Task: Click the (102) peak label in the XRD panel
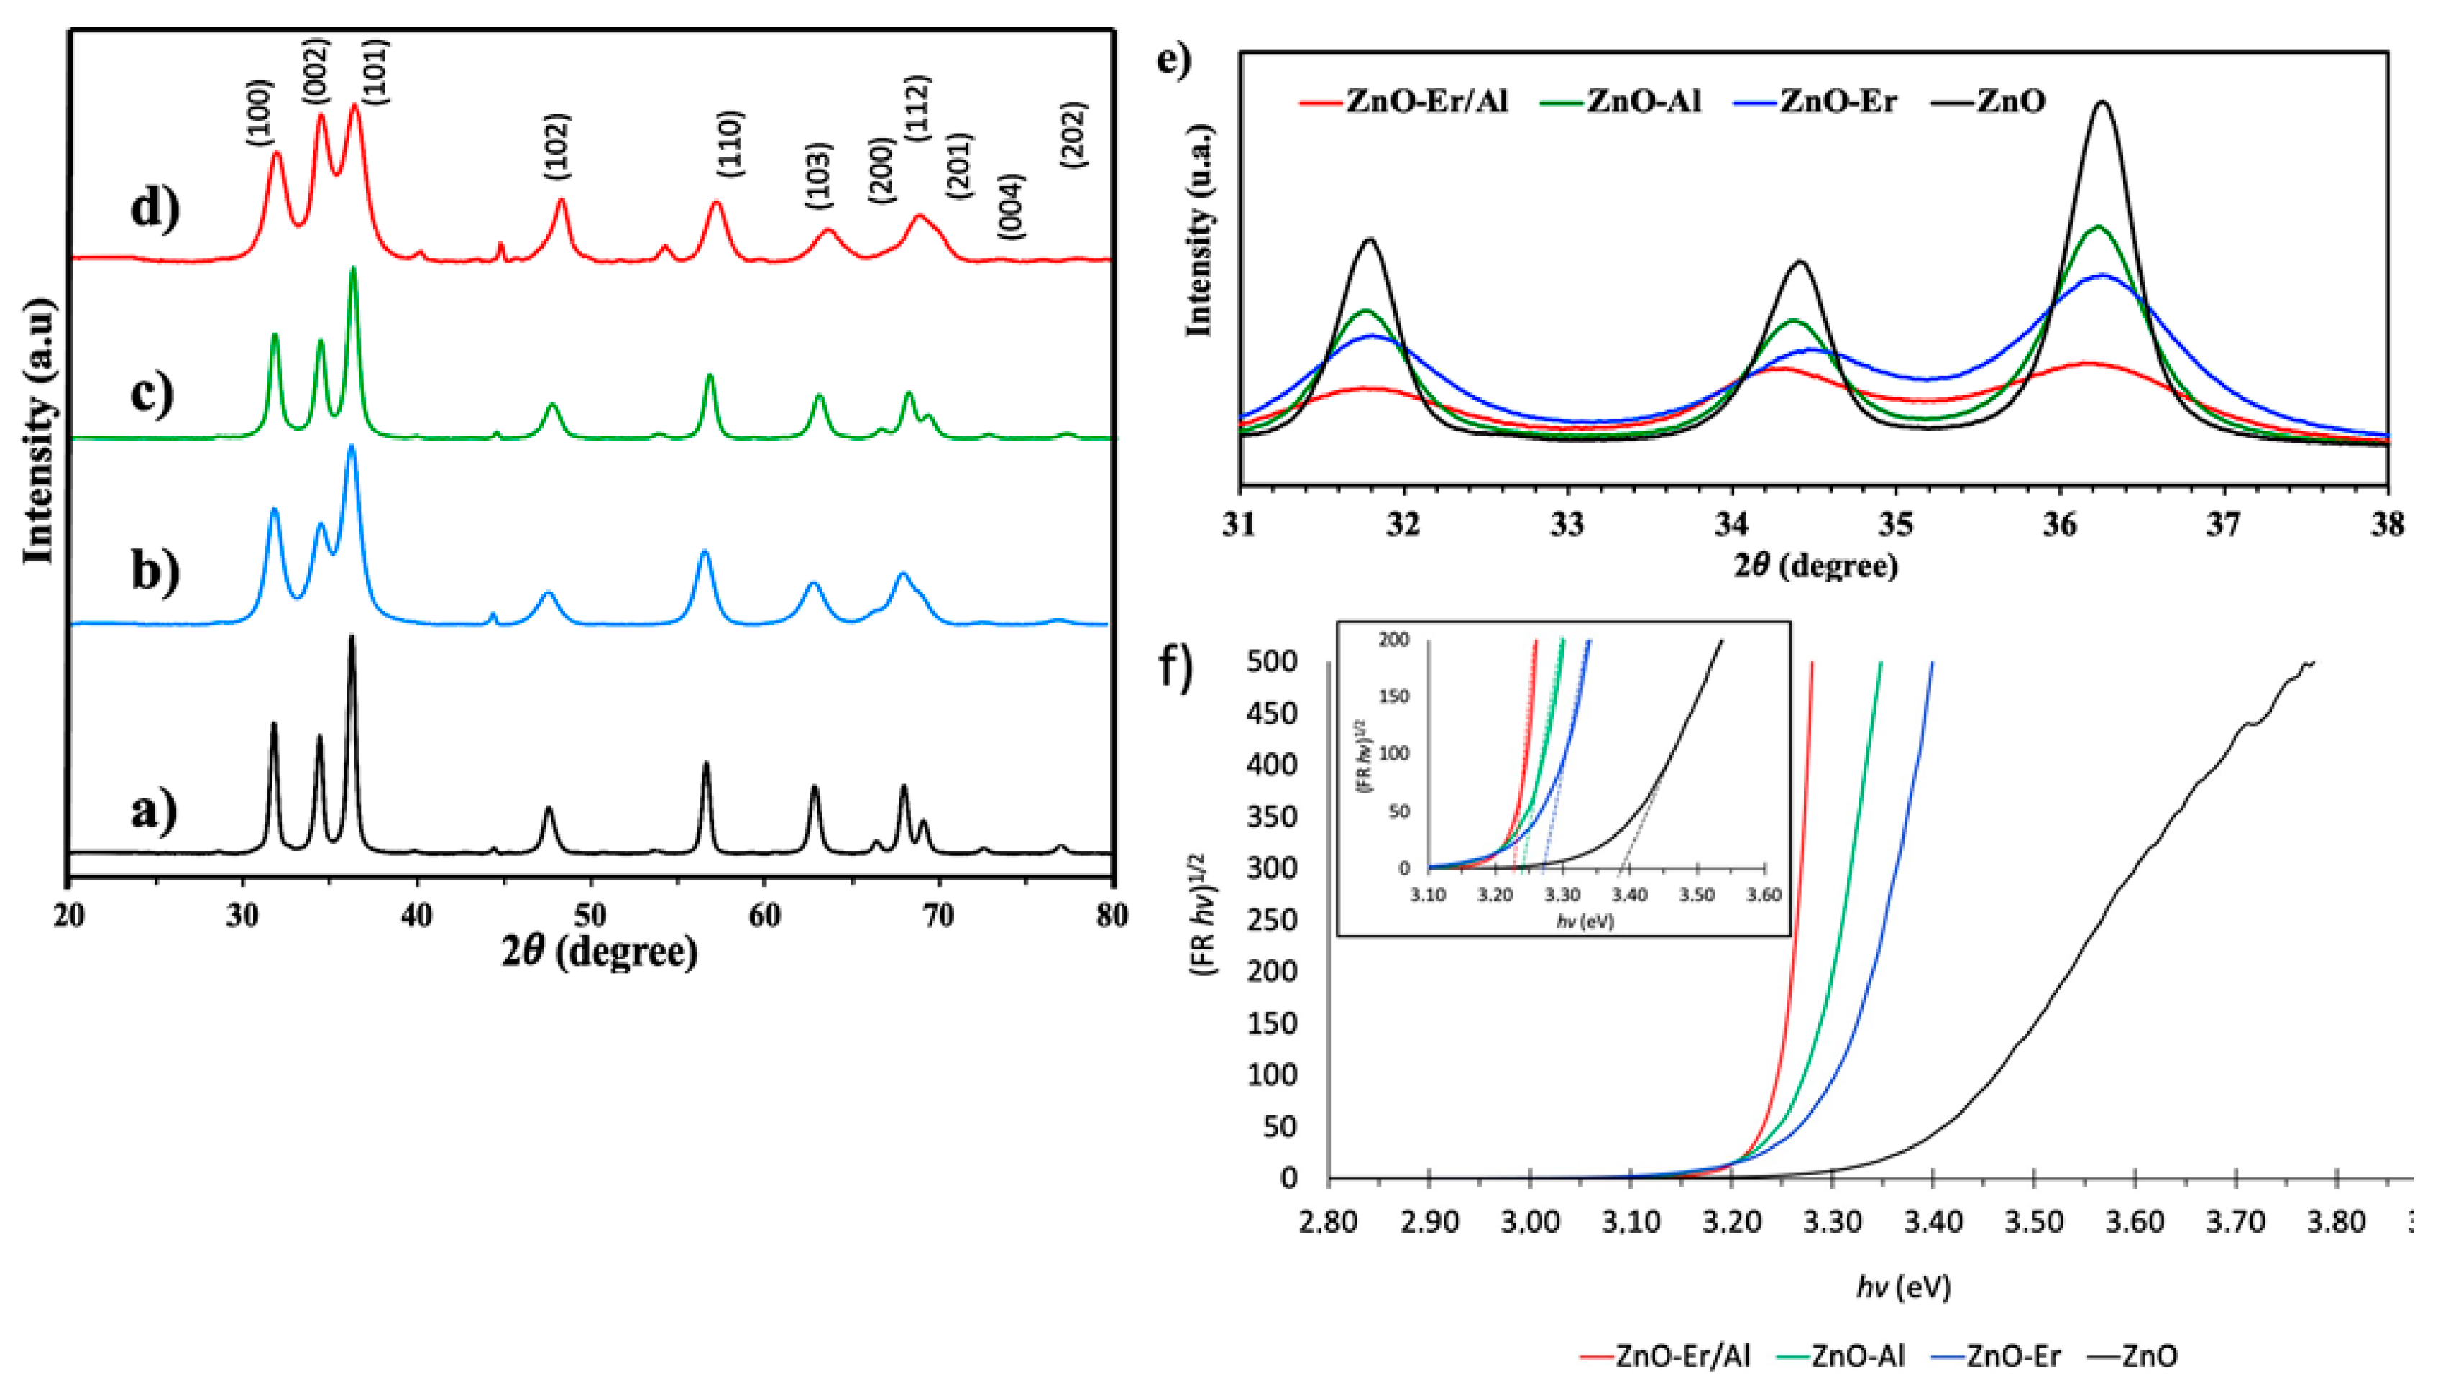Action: pos(556,146)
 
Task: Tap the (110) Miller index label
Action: pos(730,144)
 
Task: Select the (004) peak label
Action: pos(1010,206)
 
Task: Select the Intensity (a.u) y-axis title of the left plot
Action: pos(38,430)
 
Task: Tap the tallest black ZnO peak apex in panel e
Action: pos(2101,103)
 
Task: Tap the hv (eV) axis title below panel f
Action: pos(1903,1288)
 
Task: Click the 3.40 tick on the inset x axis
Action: pos(1629,896)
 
